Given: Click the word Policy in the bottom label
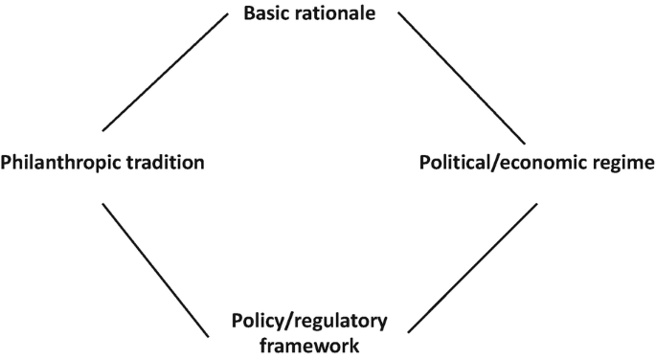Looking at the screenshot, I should pos(256,321).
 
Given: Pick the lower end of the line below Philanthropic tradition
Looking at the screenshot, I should pos(208,335).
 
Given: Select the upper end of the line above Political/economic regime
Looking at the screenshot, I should pos(398,12).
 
